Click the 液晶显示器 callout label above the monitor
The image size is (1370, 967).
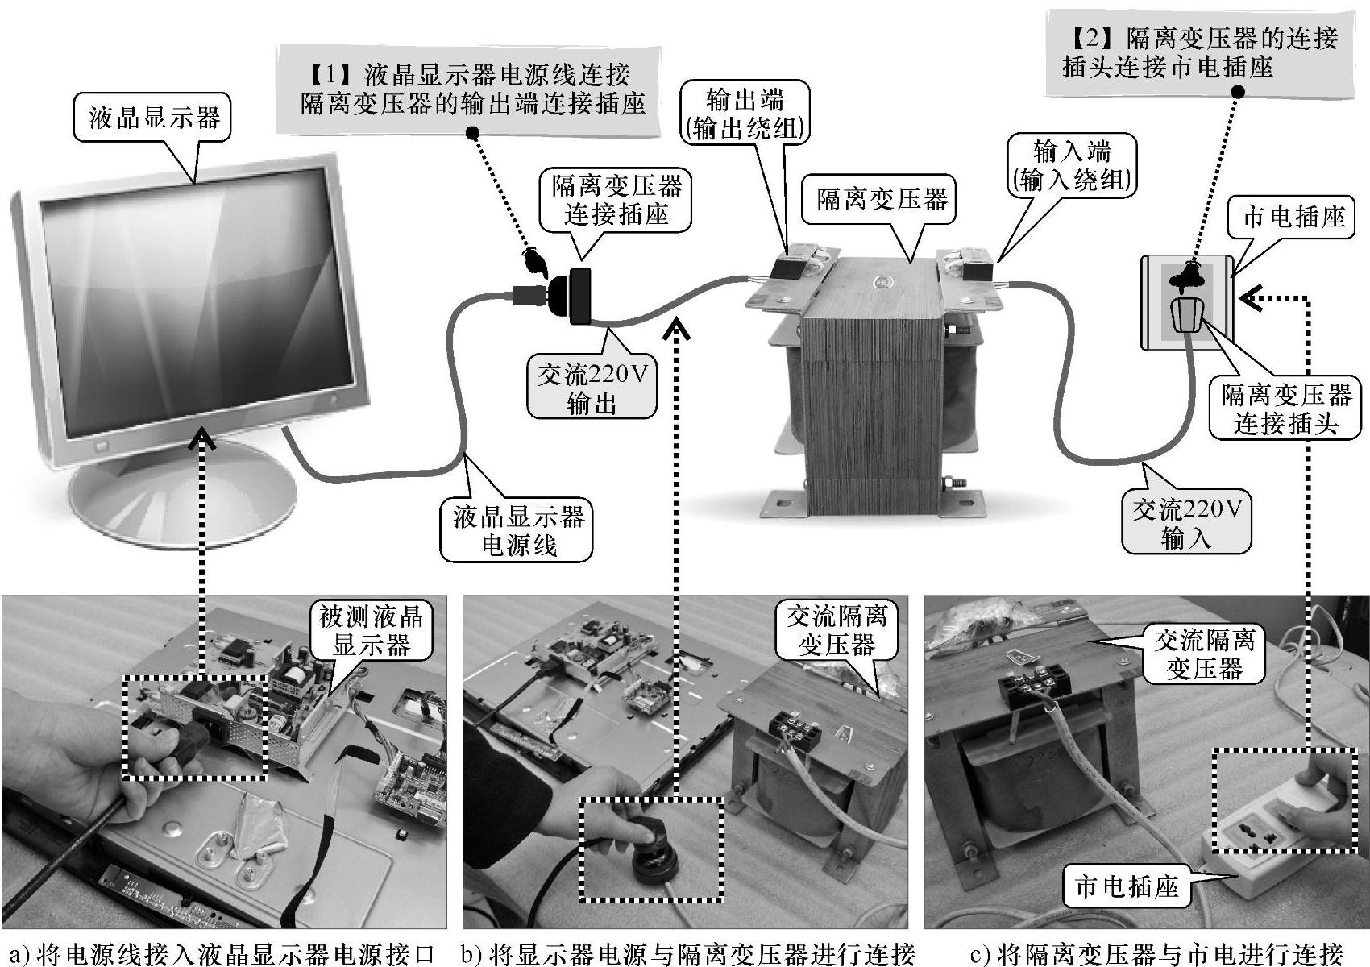coord(154,119)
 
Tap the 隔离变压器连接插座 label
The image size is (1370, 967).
coord(616,201)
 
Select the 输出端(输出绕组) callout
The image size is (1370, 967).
coord(744,114)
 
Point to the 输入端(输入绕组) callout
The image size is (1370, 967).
coord(1071,166)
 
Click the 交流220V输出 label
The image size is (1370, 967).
coord(592,389)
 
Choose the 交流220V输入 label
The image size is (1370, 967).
coord(1186,523)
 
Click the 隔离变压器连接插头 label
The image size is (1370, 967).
coord(1285,409)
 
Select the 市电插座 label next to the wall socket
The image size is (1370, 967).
coord(1293,218)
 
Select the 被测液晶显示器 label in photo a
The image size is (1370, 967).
coord(372,631)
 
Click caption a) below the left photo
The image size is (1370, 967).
coord(223,954)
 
